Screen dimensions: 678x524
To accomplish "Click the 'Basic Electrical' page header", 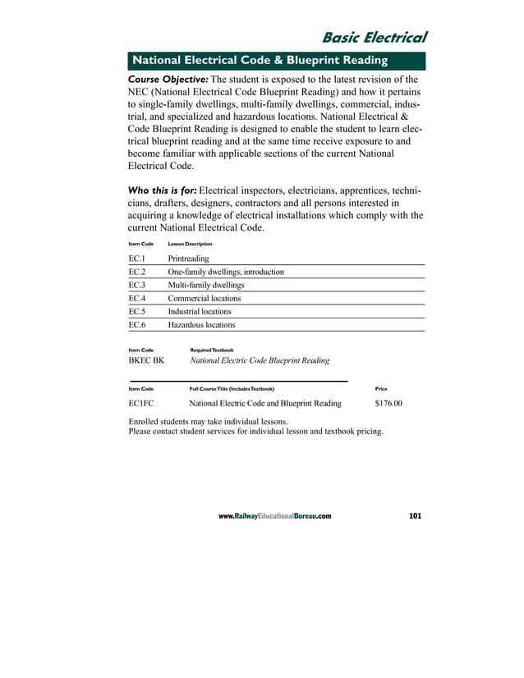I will click(374, 38).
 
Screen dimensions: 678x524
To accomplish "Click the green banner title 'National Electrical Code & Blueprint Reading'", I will click(255, 61).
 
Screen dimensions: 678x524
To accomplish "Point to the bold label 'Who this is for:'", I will click(163, 190).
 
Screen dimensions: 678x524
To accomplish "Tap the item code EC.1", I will click(137, 258).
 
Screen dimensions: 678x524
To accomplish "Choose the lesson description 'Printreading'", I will click(188, 258).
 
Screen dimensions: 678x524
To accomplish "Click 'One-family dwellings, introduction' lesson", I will click(226, 272).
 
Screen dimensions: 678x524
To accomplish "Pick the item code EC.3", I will click(137, 285).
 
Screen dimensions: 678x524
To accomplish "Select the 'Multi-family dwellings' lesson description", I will click(205, 285).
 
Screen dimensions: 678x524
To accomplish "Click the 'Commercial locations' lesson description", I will click(205, 298).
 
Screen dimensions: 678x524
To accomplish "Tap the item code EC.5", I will click(137, 312).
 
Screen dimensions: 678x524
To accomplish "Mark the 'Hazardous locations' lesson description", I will click(201, 325).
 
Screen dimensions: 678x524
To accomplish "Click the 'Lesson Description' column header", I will click(190, 244).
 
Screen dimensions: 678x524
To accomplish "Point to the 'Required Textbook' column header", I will click(212, 350).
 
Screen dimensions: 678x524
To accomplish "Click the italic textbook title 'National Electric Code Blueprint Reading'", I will click(260, 360).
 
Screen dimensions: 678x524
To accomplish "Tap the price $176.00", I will click(388, 404).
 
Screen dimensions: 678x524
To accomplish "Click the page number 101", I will click(414, 516).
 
